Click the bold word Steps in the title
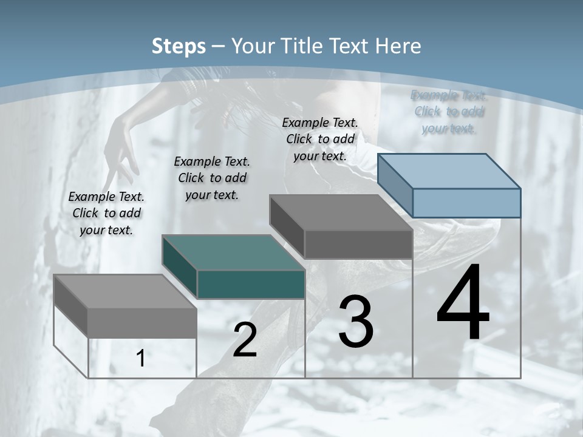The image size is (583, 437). click(x=178, y=46)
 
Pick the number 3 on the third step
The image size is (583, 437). click(x=356, y=322)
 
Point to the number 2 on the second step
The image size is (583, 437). click(x=245, y=340)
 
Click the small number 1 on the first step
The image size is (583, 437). click(x=141, y=359)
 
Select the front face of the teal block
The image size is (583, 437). click(x=251, y=285)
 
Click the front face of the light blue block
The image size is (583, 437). click(x=466, y=203)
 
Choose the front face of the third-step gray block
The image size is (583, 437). click(x=358, y=245)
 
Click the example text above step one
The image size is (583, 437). click(x=106, y=213)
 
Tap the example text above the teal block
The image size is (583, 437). click(x=212, y=178)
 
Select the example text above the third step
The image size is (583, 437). click(x=320, y=139)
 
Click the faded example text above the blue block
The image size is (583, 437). click(x=449, y=112)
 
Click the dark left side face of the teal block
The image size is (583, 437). click(x=179, y=267)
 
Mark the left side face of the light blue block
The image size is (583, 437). click(x=395, y=185)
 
